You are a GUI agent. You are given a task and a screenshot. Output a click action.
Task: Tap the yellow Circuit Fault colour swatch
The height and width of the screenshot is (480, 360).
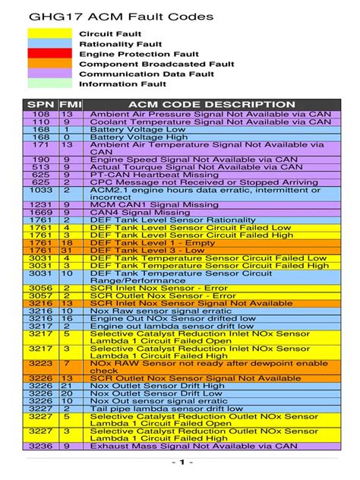49,34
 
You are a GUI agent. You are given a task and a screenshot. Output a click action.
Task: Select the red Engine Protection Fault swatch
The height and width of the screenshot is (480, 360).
49,54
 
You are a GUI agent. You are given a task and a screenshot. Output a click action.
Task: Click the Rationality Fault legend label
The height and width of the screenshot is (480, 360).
121,44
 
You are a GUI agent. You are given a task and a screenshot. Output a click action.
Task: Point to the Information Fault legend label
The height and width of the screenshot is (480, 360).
122,84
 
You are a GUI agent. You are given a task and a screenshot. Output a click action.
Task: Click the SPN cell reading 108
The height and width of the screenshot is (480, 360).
41,114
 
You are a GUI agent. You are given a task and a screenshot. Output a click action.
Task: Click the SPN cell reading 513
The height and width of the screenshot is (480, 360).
41,167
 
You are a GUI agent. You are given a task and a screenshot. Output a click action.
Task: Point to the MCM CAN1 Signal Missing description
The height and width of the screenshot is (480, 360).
150,205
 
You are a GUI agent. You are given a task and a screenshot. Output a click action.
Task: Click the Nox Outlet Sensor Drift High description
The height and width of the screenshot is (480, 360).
157,386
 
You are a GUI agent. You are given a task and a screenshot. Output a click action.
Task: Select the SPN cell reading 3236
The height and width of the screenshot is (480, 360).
41,446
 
